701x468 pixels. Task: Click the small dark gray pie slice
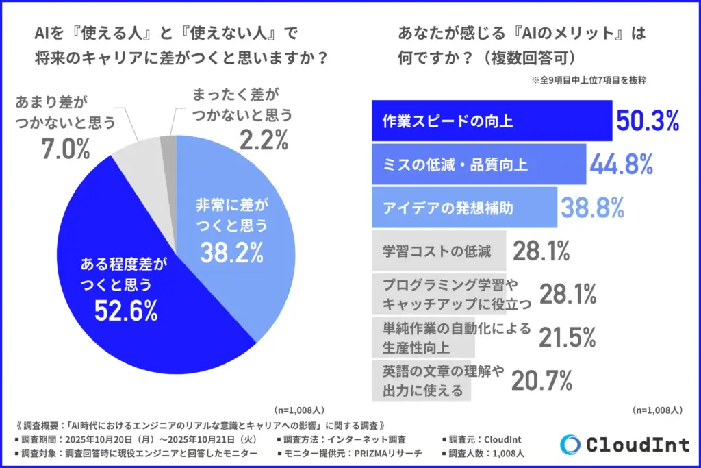click(168, 143)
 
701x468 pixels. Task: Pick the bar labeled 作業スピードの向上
click(492, 121)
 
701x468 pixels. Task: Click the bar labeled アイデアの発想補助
click(463, 206)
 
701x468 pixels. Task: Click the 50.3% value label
click(648, 121)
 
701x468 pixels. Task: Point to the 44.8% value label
click(620, 164)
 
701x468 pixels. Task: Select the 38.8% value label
click(592, 206)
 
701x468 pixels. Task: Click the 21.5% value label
click(567, 337)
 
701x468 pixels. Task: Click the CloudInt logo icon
click(570, 444)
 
